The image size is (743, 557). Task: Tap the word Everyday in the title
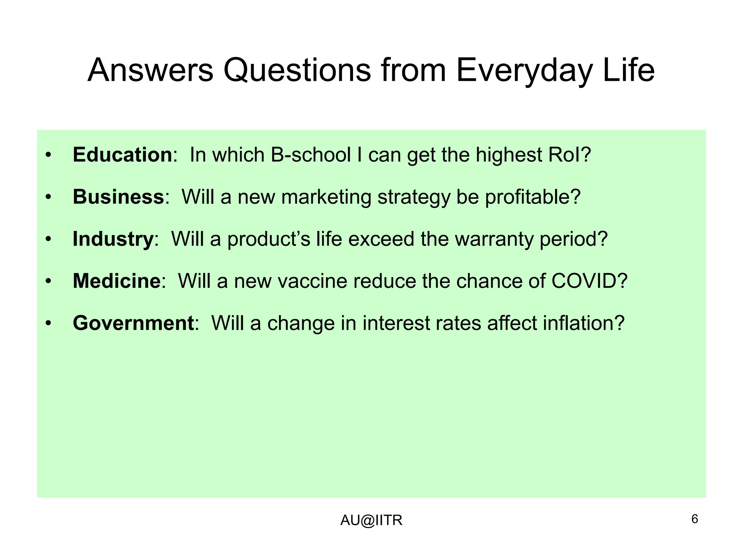click(523, 71)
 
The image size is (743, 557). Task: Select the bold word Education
click(122, 155)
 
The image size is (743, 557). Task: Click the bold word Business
click(118, 197)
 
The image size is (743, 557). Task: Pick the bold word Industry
click(113, 239)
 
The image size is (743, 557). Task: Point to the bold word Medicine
click(116, 281)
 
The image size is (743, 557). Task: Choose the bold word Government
click(133, 323)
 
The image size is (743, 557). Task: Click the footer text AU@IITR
click(371, 520)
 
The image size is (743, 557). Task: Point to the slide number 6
click(694, 519)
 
